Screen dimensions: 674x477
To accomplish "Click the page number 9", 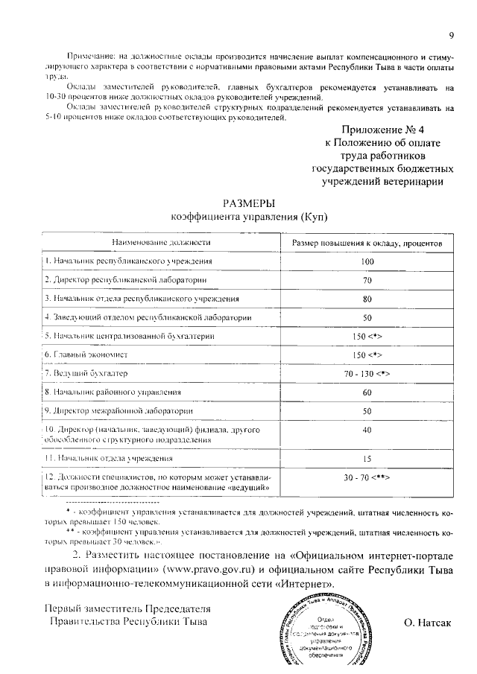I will tap(452, 35).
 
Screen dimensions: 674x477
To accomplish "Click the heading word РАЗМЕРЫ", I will tap(249, 203).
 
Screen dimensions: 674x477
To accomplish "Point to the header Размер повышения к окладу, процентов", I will tap(367, 243).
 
